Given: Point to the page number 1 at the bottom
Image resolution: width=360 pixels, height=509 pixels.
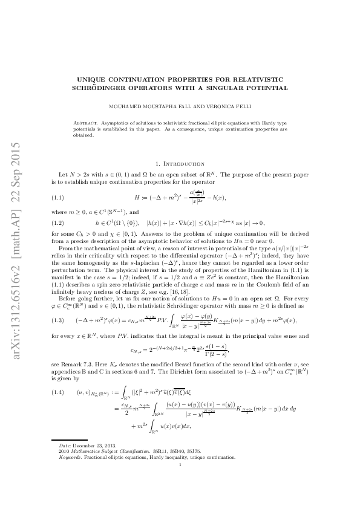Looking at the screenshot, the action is (x=180, y=481).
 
